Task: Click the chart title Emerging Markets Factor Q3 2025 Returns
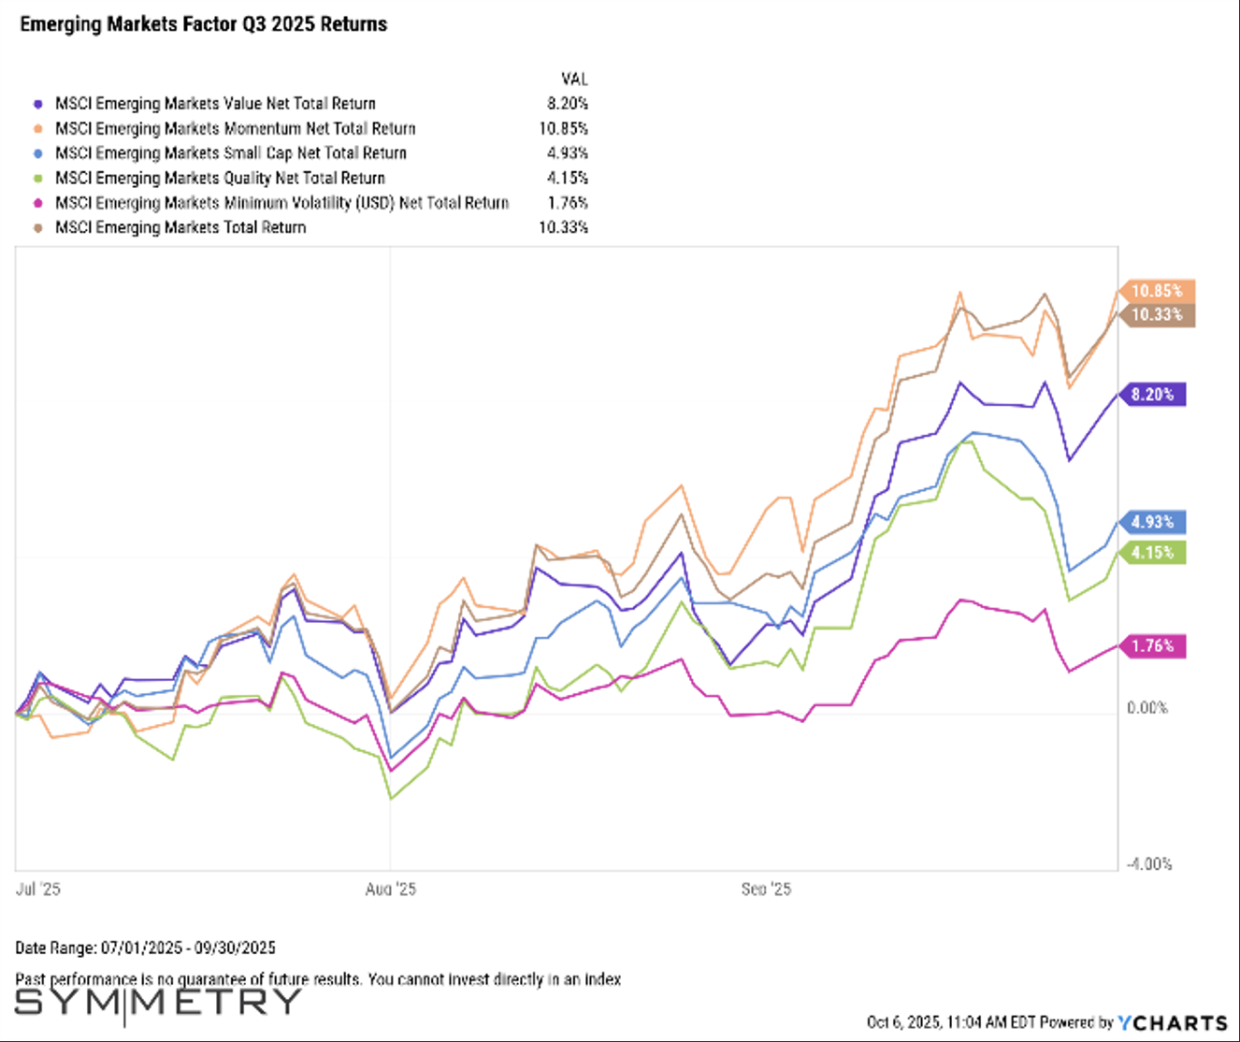point(203,24)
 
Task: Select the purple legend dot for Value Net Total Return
point(38,104)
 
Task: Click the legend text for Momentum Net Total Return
point(235,129)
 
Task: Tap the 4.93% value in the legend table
point(568,153)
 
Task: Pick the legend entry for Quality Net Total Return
point(220,179)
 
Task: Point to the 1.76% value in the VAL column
point(568,203)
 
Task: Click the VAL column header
point(574,80)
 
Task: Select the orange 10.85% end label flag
point(1156,291)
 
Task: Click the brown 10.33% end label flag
point(1156,315)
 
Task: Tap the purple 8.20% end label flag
point(1152,395)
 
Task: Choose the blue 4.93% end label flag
point(1152,522)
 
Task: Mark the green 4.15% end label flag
point(1152,553)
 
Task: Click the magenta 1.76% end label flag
point(1152,646)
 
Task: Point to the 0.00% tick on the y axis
point(1147,708)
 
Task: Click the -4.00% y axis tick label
point(1148,864)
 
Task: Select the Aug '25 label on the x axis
point(391,890)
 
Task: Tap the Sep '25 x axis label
point(766,890)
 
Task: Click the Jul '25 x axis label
point(38,890)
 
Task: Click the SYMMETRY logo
point(157,1003)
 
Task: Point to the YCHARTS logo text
point(1174,1023)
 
